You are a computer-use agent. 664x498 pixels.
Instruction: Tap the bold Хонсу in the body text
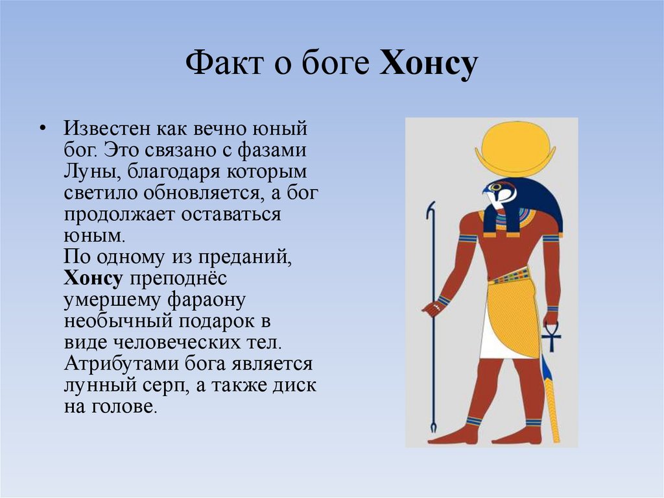(93, 279)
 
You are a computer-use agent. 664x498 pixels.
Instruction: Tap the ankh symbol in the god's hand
(551, 335)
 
